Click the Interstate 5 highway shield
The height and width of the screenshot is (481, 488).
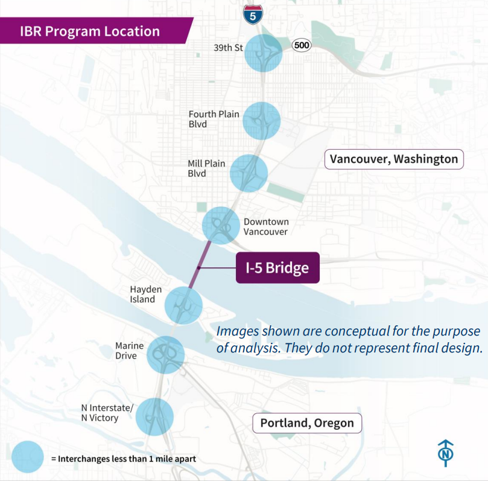click(252, 14)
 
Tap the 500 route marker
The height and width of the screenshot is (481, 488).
click(301, 45)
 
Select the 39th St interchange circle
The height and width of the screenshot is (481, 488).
click(263, 53)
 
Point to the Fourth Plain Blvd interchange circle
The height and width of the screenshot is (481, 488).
click(262, 121)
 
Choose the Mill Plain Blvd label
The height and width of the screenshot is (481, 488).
click(206, 168)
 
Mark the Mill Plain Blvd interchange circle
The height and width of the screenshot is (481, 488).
click(249, 173)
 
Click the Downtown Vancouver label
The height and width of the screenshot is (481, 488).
click(266, 226)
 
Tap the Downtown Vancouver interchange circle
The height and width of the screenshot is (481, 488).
click(221, 225)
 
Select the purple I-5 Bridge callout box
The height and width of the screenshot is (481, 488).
click(277, 267)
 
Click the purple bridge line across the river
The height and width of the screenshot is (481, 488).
click(200, 266)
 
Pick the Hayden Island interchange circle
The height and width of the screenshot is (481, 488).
click(183, 306)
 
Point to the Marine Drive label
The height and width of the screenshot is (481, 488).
click(130, 351)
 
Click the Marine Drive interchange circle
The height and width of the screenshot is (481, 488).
click(165, 354)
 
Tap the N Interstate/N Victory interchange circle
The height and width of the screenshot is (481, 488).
click(154, 416)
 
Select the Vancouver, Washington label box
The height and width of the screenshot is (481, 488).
click(394, 159)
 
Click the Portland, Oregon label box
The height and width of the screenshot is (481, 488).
click(307, 423)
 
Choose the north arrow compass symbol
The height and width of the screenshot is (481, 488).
click(446, 453)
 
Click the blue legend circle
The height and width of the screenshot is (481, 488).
click(28, 458)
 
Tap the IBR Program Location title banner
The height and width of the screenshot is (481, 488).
click(90, 31)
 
